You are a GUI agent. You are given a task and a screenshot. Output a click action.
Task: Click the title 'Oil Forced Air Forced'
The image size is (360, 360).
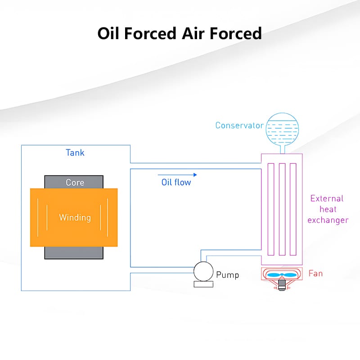(180, 33)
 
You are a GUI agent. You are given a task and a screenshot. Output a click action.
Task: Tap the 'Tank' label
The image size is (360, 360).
(75, 153)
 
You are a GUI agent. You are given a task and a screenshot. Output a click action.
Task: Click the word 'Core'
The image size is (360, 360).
(75, 182)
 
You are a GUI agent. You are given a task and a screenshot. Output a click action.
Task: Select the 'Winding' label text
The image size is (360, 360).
(75, 218)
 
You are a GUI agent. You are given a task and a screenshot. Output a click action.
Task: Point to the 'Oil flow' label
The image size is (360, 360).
(176, 182)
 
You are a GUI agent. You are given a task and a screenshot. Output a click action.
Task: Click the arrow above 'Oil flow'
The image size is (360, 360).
(177, 174)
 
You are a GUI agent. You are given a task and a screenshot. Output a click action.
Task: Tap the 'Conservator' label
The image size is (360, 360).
(239, 125)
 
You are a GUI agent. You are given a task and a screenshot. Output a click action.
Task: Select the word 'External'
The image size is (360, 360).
(327, 198)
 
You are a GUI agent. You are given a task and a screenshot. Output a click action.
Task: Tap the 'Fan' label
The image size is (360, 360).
(315, 273)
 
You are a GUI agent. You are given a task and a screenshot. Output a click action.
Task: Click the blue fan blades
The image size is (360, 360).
(282, 274)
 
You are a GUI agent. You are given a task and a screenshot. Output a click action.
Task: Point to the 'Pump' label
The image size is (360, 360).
(227, 274)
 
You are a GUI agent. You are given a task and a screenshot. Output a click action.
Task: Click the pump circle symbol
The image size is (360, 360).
(202, 271)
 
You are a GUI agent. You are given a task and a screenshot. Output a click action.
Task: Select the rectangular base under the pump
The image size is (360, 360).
(202, 284)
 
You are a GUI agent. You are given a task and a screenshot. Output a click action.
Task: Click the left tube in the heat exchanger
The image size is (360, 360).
(271, 209)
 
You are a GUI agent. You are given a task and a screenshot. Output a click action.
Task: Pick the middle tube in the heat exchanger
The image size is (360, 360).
(282, 209)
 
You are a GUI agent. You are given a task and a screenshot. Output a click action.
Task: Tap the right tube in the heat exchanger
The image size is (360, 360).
(293, 209)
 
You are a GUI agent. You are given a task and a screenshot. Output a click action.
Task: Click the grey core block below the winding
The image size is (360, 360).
(74, 252)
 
